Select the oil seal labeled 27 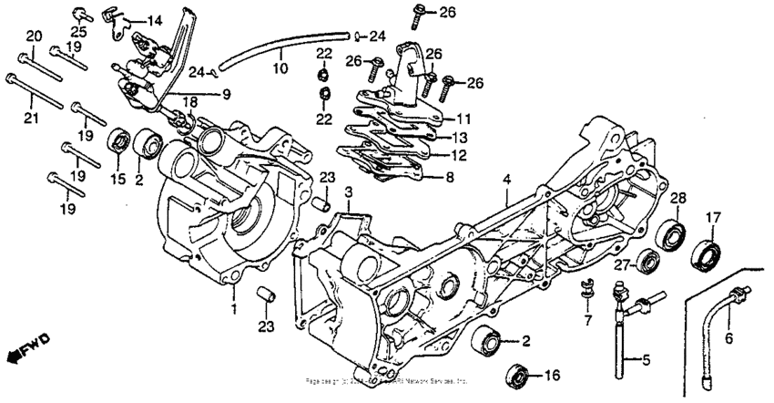[x=648, y=262]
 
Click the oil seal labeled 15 [x=117, y=141]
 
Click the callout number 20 [x=33, y=36]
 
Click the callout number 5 [x=646, y=360]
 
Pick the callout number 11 [x=463, y=119]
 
